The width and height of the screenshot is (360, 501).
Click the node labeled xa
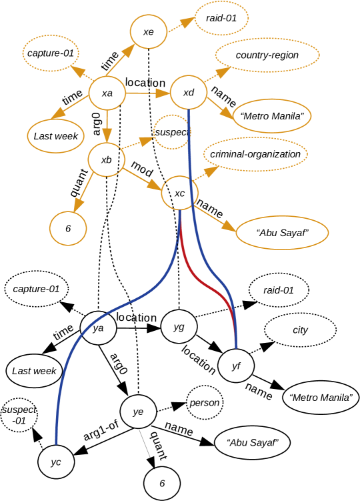[107, 93]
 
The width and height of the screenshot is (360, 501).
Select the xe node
[148, 31]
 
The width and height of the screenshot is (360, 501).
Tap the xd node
[189, 93]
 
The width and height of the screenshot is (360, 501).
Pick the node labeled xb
[107, 159]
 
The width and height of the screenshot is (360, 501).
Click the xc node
[180, 193]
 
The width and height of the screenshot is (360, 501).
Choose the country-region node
[267, 55]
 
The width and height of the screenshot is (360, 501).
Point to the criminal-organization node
[255, 154]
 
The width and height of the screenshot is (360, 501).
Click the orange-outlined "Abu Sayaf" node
[282, 233]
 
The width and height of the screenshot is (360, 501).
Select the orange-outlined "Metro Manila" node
[272, 116]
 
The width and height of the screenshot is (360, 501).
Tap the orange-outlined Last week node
[56, 136]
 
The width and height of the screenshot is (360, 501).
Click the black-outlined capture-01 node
[37, 289]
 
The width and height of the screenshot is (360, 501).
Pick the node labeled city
[300, 330]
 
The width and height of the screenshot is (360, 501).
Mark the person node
[205, 402]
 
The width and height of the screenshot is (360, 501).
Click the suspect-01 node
[19, 415]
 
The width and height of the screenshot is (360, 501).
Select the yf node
[236, 366]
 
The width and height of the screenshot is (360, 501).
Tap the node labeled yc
[56, 462]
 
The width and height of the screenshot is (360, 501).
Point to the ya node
[98, 328]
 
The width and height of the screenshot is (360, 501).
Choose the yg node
[179, 326]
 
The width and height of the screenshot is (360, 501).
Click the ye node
[138, 412]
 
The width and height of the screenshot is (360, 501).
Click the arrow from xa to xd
[147, 93]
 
